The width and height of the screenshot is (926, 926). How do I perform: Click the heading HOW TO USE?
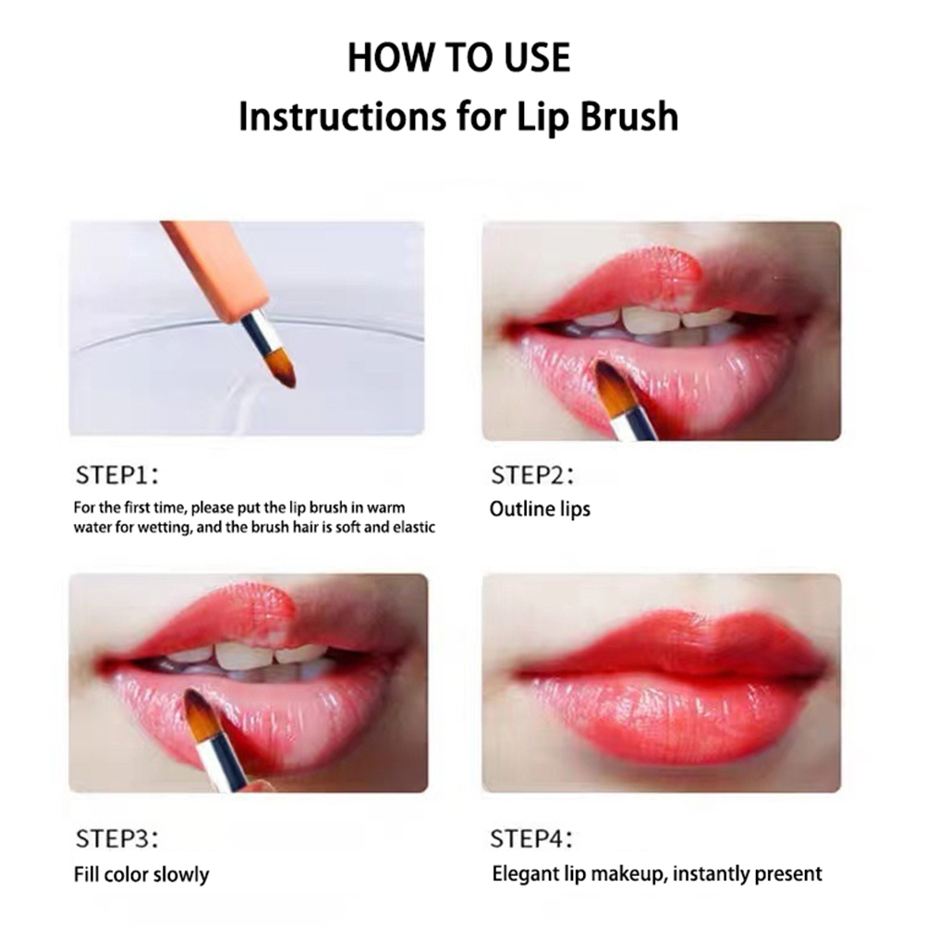[x=459, y=58]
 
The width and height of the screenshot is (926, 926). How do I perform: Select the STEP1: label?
[x=117, y=475]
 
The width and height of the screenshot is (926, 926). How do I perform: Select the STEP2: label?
[x=532, y=475]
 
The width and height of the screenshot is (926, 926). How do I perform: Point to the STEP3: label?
[x=117, y=838]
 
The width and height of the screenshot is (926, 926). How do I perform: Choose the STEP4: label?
[x=531, y=838]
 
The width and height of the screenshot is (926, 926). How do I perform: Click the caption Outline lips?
[x=540, y=509]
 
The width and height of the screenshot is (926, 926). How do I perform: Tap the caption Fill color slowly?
[x=141, y=874]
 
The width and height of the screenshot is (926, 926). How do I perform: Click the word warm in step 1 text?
[x=385, y=508]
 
